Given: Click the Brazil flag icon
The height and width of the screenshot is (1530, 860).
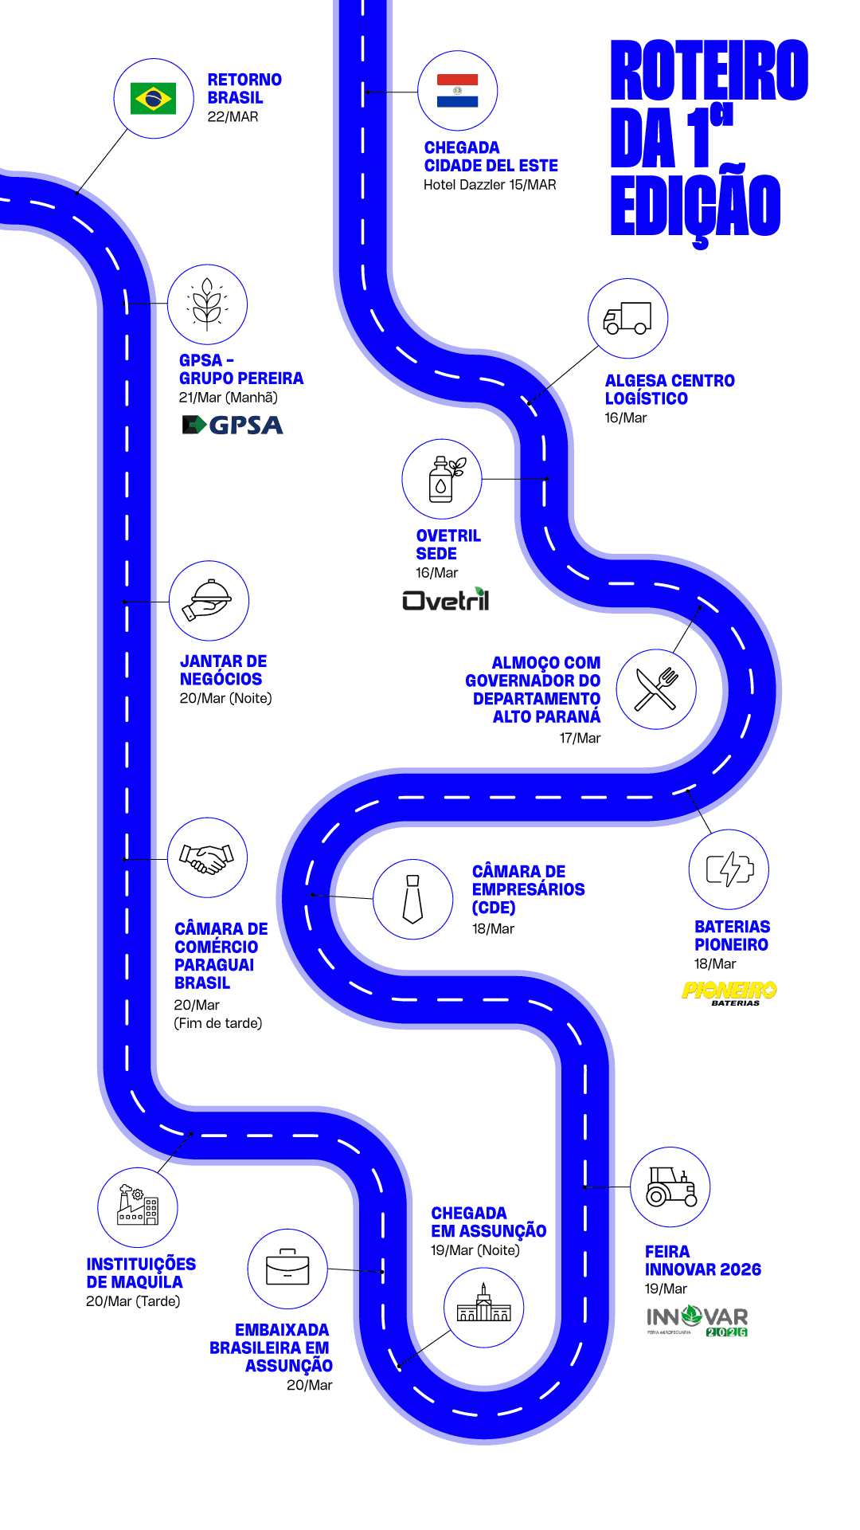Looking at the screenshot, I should coord(153,99).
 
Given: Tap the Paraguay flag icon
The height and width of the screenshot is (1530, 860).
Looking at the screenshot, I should coord(458,91).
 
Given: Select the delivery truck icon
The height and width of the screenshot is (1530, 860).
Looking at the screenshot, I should coord(627,318).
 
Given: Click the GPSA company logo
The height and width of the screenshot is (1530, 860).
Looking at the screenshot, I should coord(233,425).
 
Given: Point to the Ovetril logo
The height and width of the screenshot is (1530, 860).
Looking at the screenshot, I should coord(446,599).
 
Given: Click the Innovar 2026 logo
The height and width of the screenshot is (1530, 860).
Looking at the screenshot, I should coord(698,1320).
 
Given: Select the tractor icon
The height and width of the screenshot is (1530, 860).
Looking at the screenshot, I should coord(670,1187).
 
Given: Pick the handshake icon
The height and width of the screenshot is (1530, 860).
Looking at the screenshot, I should coord(207,857).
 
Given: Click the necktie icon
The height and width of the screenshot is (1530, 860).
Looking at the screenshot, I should coord(413,899).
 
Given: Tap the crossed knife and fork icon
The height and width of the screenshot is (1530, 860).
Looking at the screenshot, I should coord(656,688).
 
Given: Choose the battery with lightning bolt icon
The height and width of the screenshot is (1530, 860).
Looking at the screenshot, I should coord(729,869).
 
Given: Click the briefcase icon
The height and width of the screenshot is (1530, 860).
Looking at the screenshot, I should coord(287,1268).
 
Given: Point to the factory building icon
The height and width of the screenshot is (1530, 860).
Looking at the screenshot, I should coord(138,1206).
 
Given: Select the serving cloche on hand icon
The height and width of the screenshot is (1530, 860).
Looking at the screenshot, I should coord(209,600).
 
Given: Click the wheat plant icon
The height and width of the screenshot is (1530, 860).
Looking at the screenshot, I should coord(207,304).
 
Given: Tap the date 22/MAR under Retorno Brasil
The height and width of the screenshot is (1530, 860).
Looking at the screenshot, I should coord(233,117).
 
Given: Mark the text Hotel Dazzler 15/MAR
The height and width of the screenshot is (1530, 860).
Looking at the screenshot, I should coord(490,185).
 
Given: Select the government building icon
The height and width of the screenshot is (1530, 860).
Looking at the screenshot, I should coord(483,1307).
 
